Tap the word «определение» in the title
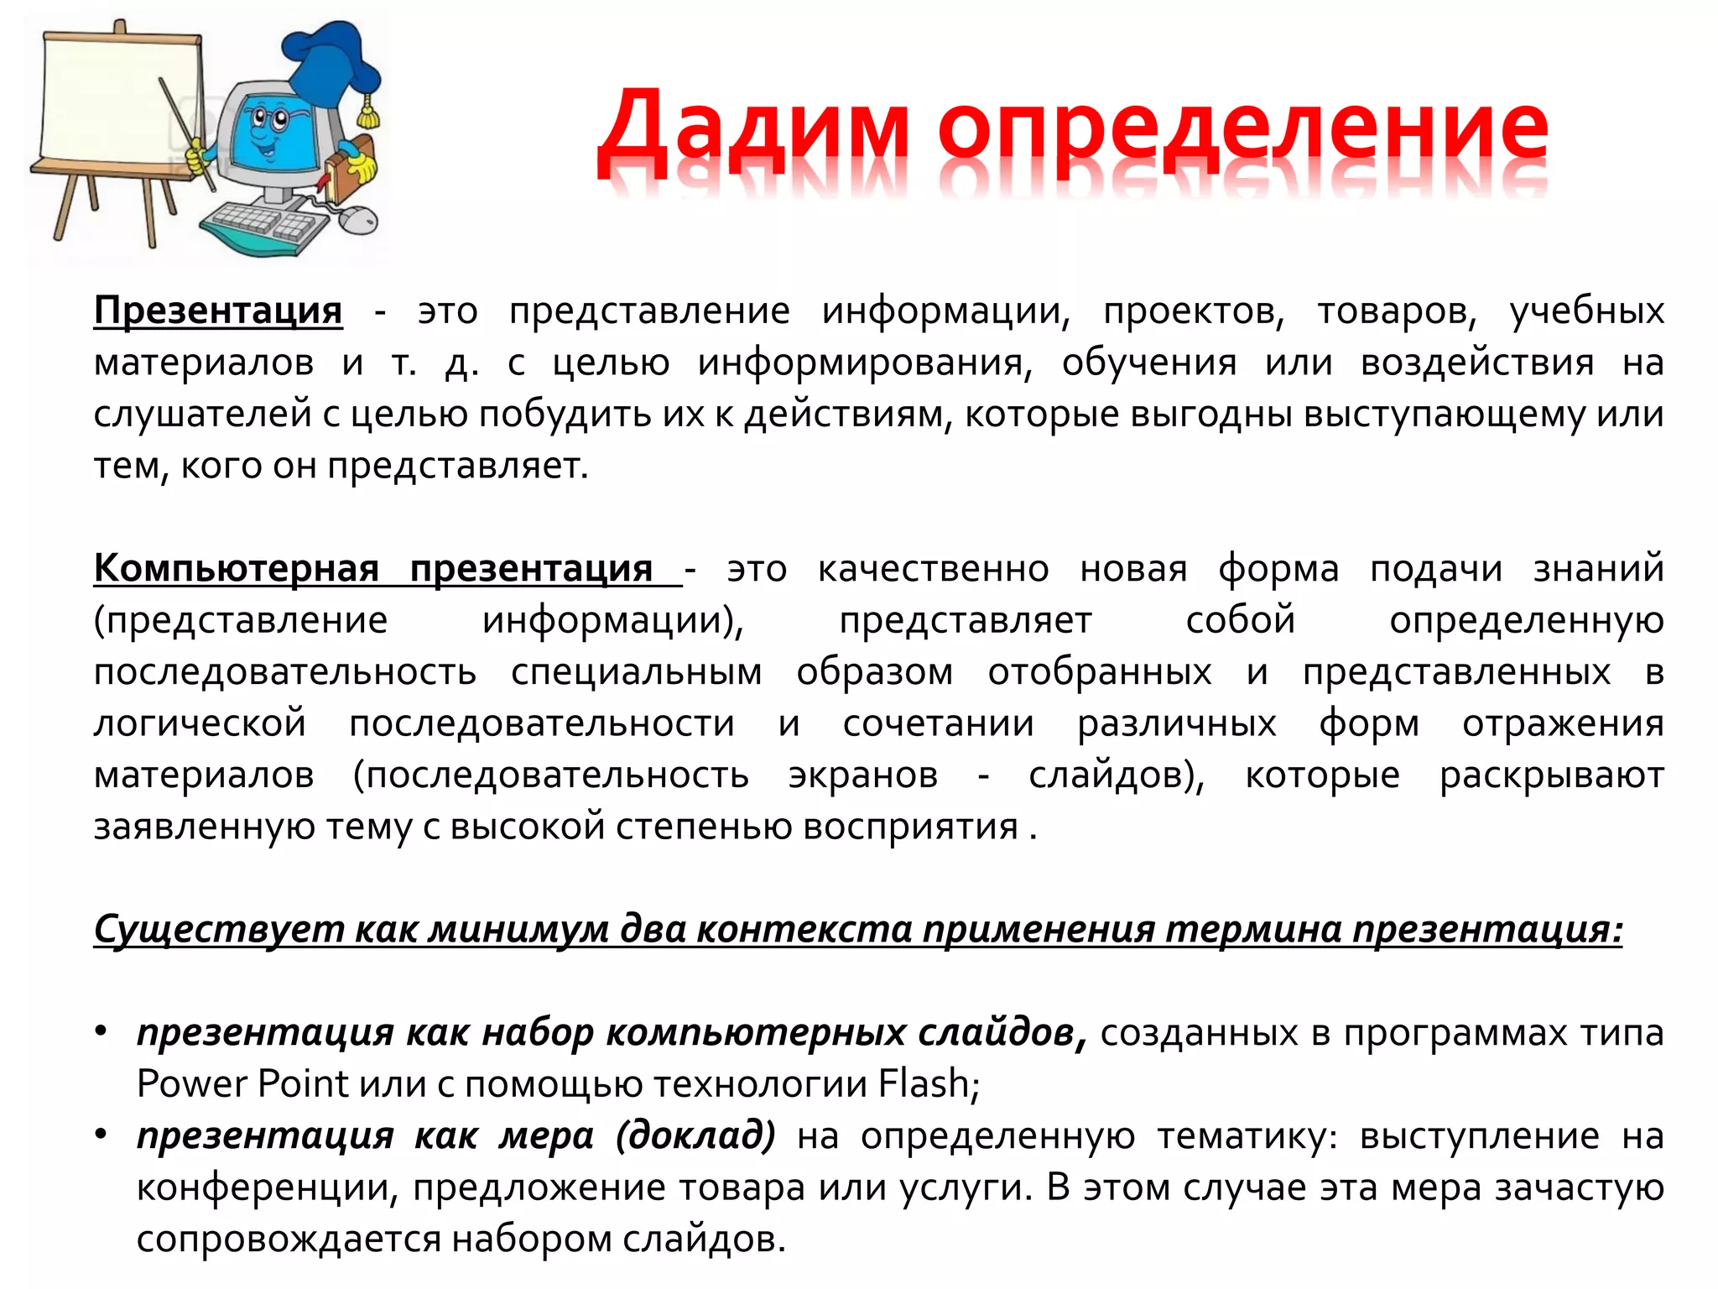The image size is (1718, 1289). click(x=1242, y=134)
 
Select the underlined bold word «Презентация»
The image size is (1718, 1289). click(x=218, y=311)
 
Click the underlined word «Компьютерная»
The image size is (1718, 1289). click(x=236, y=569)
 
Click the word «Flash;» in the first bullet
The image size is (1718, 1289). click(x=929, y=1083)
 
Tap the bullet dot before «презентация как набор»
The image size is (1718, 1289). click(x=102, y=1031)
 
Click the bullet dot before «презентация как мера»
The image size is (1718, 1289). click(x=102, y=1135)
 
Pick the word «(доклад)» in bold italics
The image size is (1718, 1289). click(x=695, y=1135)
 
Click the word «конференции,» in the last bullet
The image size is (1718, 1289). click(x=268, y=1187)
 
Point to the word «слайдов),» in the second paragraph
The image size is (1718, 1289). click(x=1117, y=775)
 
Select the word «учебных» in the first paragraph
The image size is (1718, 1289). click(x=1586, y=311)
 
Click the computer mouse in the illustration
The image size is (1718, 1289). click(x=358, y=219)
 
